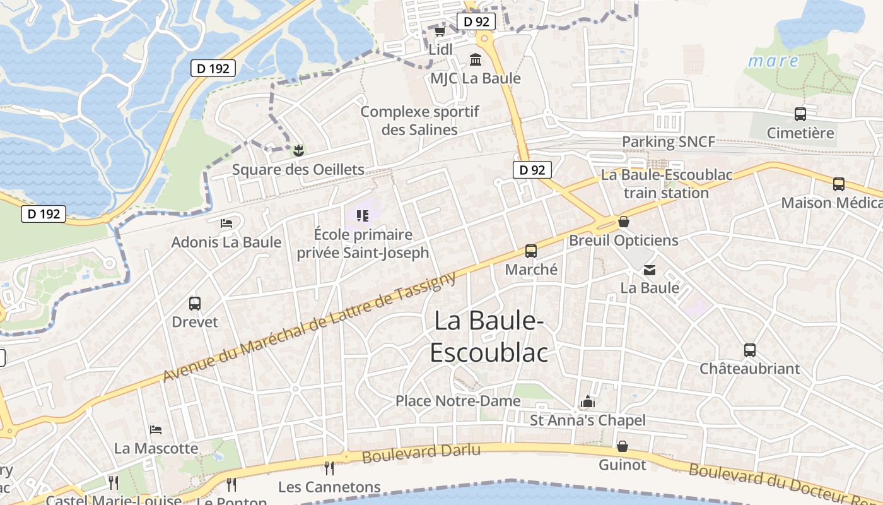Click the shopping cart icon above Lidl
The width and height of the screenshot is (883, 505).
pyautogui.click(x=440, y=31)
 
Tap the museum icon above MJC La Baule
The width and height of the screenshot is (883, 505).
pyautogui.click(x=476, y=59)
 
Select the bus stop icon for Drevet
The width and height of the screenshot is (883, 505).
pyautogui.click(x=194, y=304)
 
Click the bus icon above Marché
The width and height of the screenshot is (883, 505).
pyautogui.click(x=531, y=251)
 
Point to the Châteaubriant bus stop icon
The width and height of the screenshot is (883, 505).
pyautogui.click(x=749, y=350)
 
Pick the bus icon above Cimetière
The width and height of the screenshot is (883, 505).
pyautogui.click(x=800, y=114)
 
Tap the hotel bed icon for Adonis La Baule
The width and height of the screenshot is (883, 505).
pyautogui.click(x=226, y=223)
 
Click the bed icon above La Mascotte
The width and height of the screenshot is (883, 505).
pyautogui.click(x=156, y=430)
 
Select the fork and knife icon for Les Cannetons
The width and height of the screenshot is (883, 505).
pyautogui.click(x=329, y=468)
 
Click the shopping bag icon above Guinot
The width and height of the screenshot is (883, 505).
pyautogui.click(x=623, y=447)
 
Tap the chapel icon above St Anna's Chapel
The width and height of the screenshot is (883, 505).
pyautogui.click(x=588, y=401)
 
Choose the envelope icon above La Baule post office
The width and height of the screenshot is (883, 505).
pyautogui.click(x=649, y=270)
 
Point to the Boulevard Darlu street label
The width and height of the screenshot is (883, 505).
pyautogui.click(x=421, y=453)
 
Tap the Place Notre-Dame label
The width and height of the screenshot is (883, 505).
pyautogui.click(x=458, y=401)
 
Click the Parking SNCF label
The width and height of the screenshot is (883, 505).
pyautogui.click(x=669, y=142)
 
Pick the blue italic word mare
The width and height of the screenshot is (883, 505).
pyautogui.click(x=773, y=62)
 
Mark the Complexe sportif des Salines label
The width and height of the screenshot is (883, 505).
pyautogui.click(x=420, y=121)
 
